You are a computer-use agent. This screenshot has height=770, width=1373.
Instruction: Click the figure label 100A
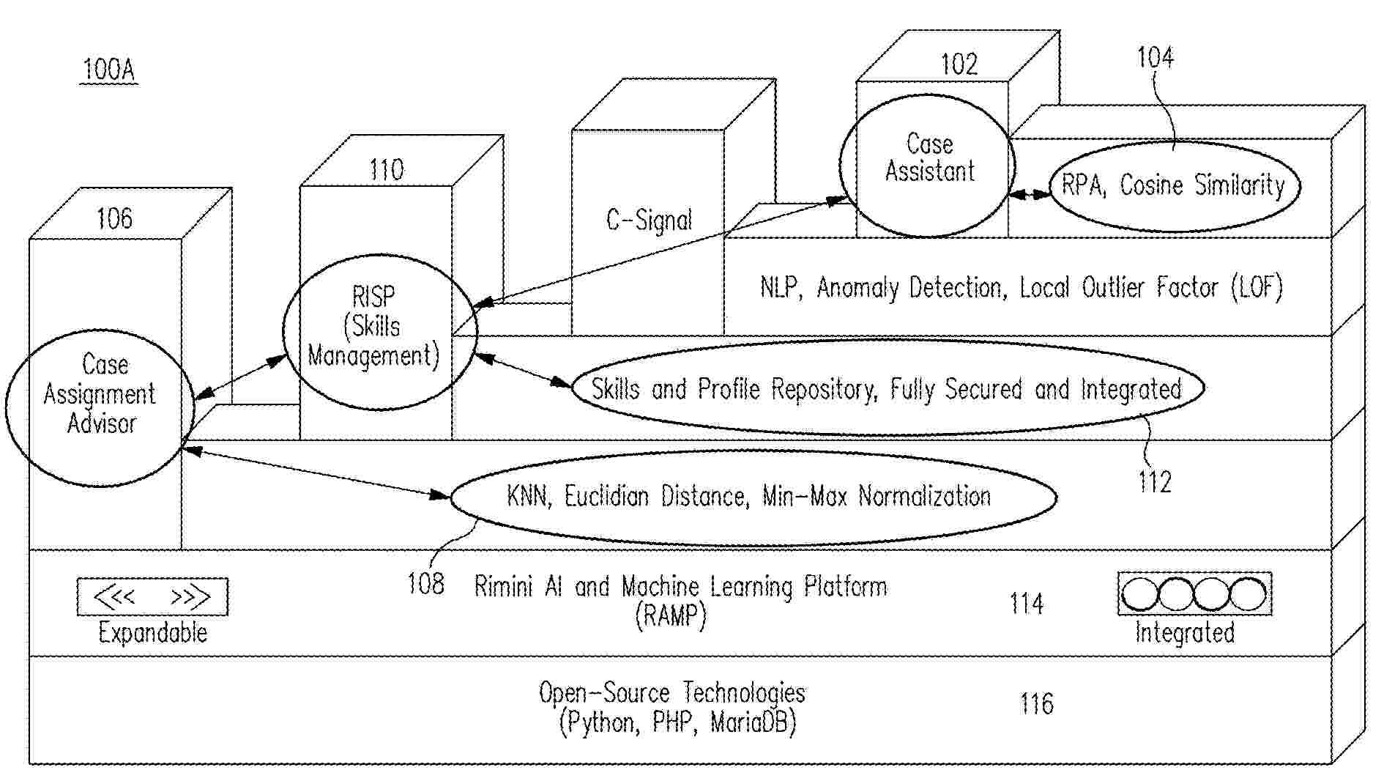pyautogui.click(x=108, y=70)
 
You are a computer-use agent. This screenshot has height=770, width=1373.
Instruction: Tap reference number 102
pyautogui.click(x=959, y=65)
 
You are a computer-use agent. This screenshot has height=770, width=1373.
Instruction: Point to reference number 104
pyautogui.click(x=1155, y=58)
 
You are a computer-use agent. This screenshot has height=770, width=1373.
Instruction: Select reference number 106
pyautogui.click(x=115, y=218)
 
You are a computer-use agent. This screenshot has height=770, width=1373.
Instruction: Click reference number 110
pyautogui.click(x=386, y=171)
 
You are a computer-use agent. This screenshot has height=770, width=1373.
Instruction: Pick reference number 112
pyautogui.click(x=1155, y=481)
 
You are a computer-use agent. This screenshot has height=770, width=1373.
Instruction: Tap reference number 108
pyautogui.click(x=425, y=584)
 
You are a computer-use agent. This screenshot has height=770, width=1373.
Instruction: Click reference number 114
pyautogui.click(x=1026, y=604)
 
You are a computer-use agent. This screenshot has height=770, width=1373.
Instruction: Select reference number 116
pyautogui.click(x=1036, y=704)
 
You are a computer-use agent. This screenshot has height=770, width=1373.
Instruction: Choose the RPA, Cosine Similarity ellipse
pyautogui.click(x=1173, y=185)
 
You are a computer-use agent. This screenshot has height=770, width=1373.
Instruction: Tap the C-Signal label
pyautogui.click(x=649, y=220)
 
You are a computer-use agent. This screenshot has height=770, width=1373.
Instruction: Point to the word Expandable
pyautogui.click(x=152, y=632)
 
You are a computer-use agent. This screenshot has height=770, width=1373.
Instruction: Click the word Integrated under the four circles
pyautogui.click(x=1184, y=632)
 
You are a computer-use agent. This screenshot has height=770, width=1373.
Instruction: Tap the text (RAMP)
pyautogui.click(x=670, y=615)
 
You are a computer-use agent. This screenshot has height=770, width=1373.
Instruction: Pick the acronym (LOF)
pyautogui.click(x=1257, y=287)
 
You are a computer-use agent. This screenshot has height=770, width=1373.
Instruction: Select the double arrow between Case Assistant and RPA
pyautogui.click(x=1030, y=195)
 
